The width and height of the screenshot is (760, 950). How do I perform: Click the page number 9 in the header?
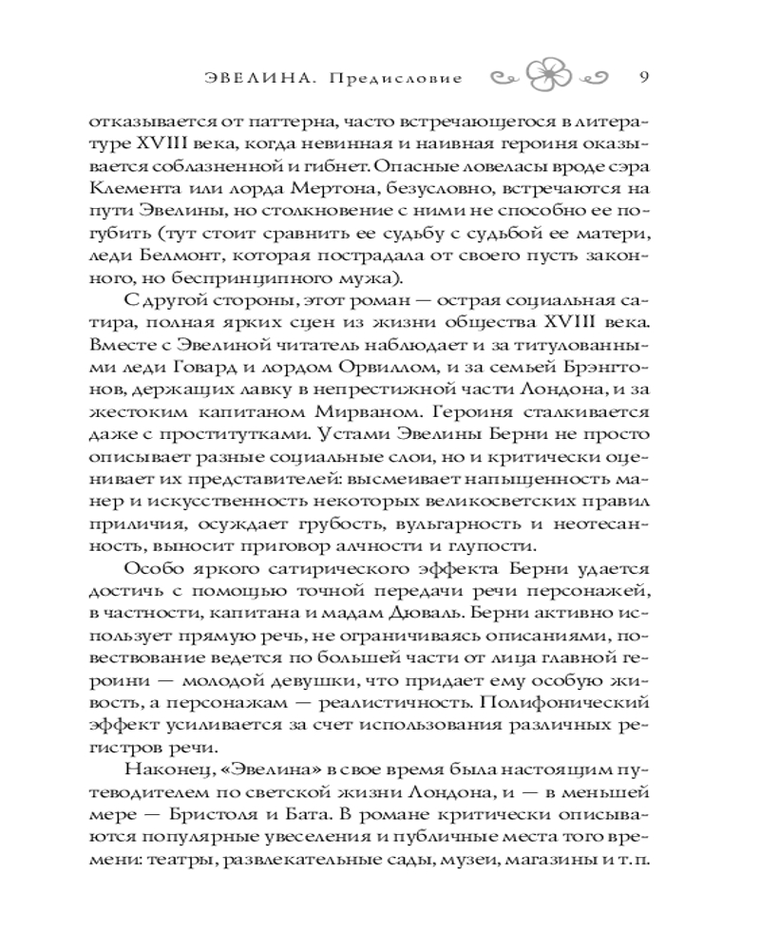pos(643,77)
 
